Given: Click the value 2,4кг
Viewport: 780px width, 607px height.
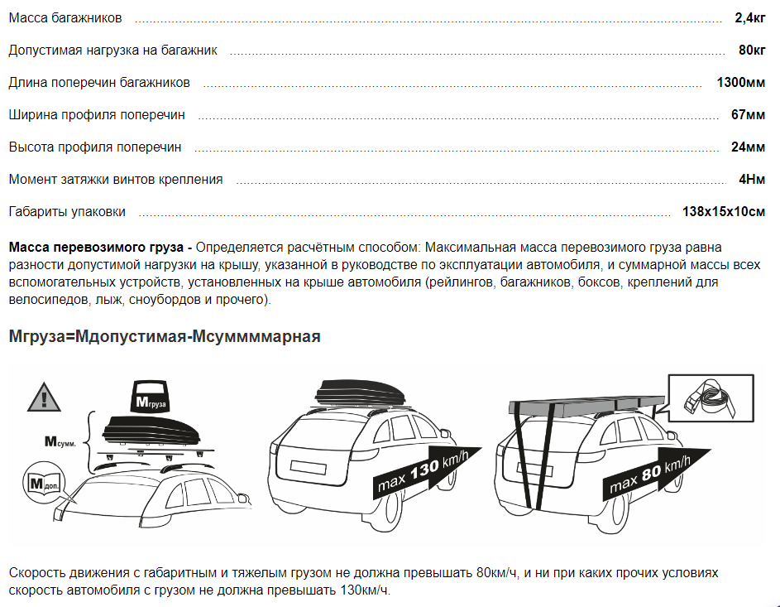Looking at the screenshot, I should coord(749,18).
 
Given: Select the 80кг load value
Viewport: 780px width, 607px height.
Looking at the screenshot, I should coord(751,51).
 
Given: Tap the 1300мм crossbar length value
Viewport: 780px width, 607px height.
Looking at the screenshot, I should coord(740,83).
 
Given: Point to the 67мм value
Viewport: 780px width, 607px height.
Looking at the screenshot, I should coord(748,115).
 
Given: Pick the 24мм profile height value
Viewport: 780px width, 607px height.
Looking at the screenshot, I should coord(748,147).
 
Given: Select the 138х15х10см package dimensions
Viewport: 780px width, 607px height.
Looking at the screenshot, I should coord(723,212).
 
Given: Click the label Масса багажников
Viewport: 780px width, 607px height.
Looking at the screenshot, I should coord(65,18).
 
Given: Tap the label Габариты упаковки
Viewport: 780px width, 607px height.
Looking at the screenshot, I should coord(67,212).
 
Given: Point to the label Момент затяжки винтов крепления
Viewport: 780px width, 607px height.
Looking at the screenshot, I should coord(116,180).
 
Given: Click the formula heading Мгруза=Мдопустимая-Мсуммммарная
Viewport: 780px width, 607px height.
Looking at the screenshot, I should coord(164,337).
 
